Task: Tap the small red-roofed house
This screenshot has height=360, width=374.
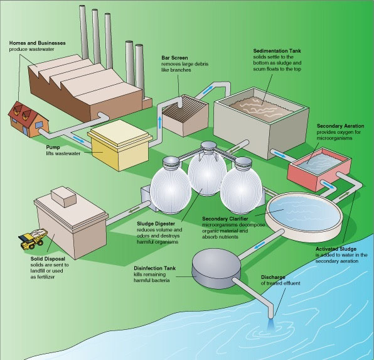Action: [x=23, y=118]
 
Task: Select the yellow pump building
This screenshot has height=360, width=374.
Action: [x=120, y=145]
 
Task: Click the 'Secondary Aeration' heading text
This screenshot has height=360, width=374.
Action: [x=341, y=125]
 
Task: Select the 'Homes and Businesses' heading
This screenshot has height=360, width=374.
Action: [x=36, y=42]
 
